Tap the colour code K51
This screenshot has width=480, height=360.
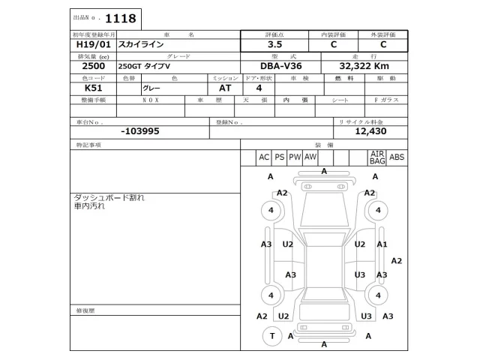pos(83,88)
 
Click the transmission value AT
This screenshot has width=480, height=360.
pos(225,88)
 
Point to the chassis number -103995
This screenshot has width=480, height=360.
pos(139,130)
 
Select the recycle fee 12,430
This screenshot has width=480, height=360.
pos(370,130)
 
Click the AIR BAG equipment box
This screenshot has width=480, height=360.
pos(376,157)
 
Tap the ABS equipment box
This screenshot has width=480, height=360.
pos(397,157)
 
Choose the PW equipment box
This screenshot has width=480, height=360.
pos(294,157)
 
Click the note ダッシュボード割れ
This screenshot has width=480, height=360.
pos(108,197)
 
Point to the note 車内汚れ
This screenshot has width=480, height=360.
pos(89,206)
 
